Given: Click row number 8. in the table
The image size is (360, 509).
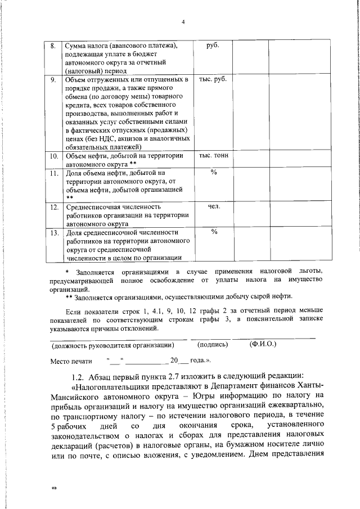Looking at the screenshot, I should point(52,46).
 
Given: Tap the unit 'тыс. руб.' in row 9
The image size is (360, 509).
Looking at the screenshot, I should point(213,79).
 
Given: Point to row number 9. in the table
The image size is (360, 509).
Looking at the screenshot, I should point(52,79).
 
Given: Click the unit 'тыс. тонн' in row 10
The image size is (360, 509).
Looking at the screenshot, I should point(213,155).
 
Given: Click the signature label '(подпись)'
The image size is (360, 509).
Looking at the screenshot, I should point(213,344).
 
